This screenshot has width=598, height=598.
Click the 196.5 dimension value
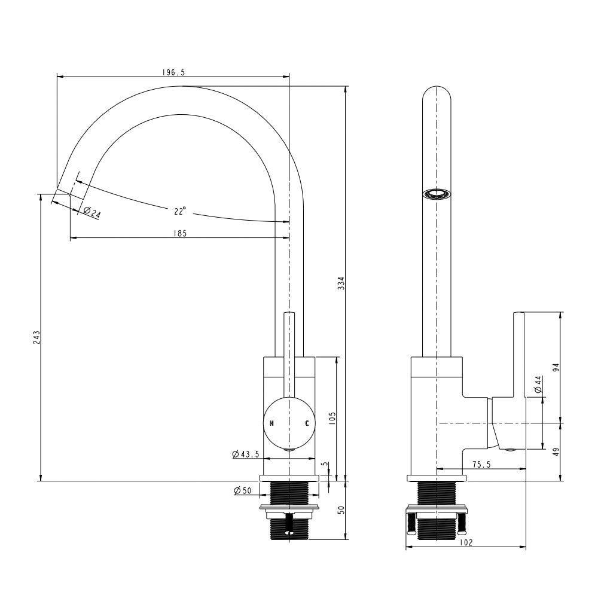(x=173, y=72)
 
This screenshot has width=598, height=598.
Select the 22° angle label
(x=180, y=211)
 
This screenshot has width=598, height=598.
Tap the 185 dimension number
(x=179, y=233)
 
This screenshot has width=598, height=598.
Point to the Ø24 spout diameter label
(x=91, y=212)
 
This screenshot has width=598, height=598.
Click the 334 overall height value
(x=341, y=283)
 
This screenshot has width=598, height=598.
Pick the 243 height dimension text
(x=36, y=337)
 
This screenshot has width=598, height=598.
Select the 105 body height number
(x=332, y=419)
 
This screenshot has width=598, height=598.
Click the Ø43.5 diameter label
(x=246, y=454)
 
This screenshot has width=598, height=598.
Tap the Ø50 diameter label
(x=243, y=490)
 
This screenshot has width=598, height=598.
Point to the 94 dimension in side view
(x=556, y=368)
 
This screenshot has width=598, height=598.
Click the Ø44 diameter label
(x=538, y=385)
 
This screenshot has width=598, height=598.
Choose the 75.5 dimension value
(x=481, y=464)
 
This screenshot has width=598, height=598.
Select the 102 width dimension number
(x=466, y=542)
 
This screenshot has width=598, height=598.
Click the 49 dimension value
(x=556, y=452)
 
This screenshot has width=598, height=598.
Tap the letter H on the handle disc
(x=271, y=423)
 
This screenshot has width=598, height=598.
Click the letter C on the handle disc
(x=307, y=423)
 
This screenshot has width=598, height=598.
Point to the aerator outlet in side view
(x=437, y=194)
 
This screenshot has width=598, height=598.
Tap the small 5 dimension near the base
(x=324, y=464)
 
